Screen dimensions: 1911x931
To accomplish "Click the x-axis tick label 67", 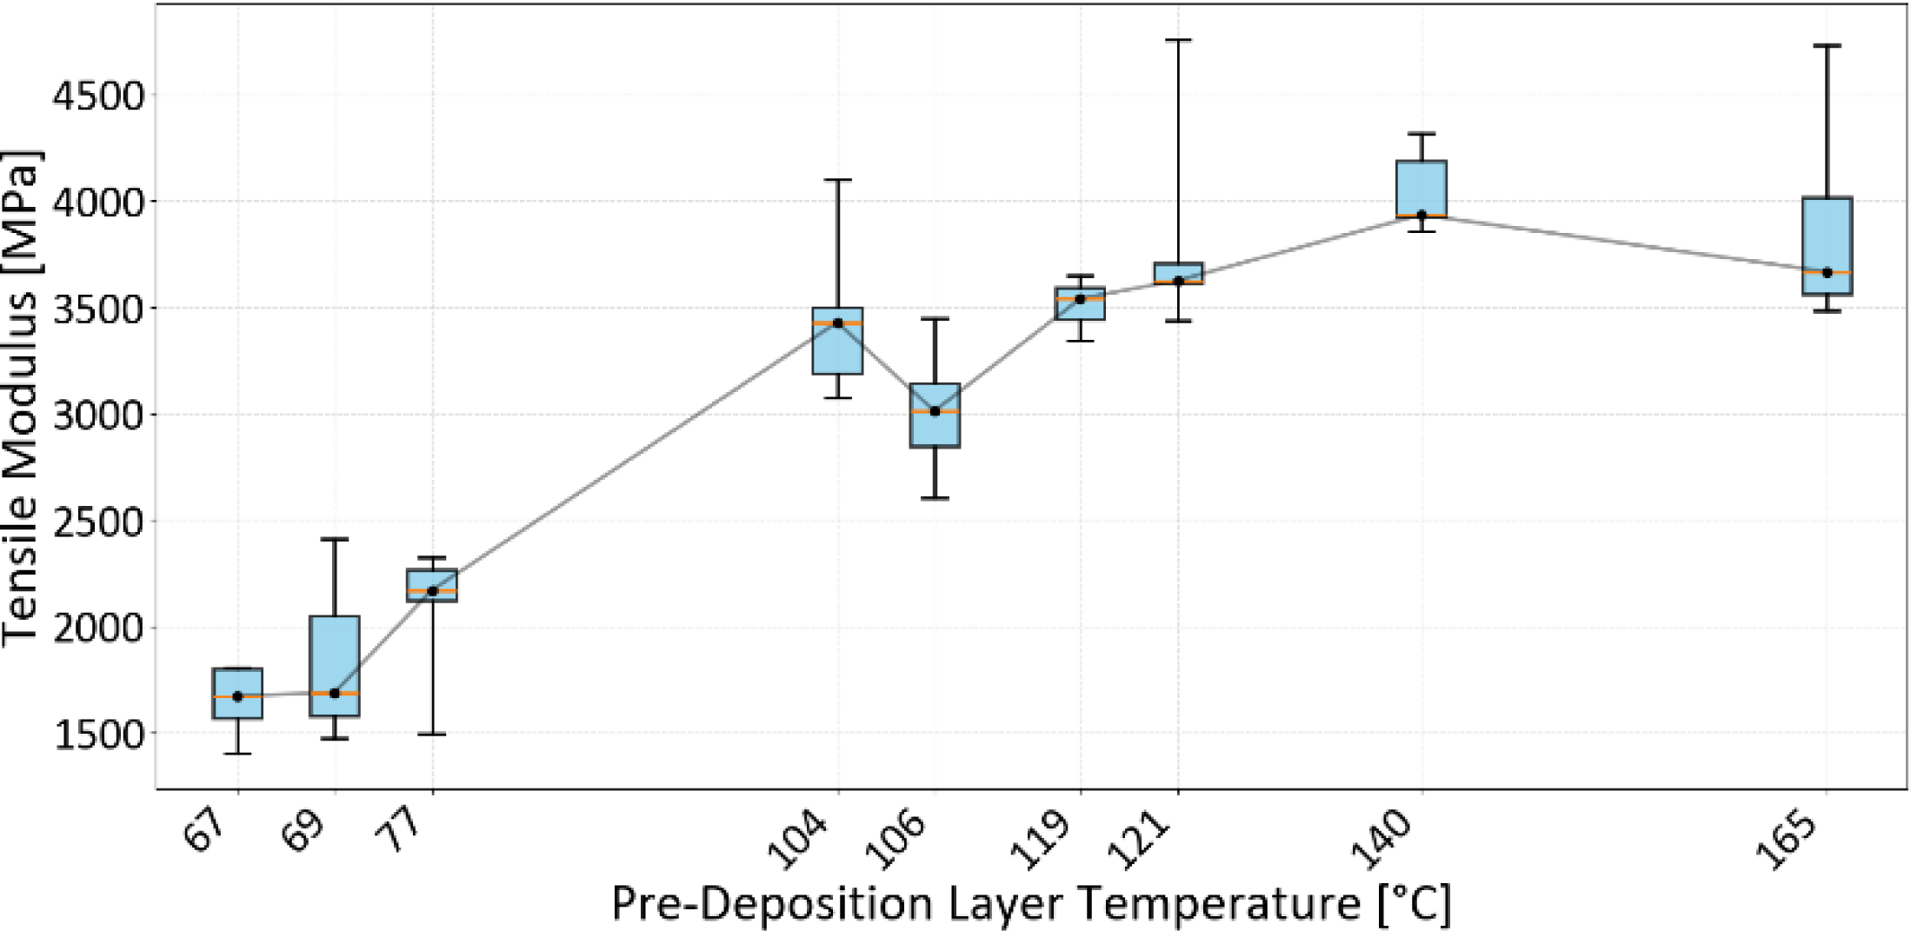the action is (x=206, y=831).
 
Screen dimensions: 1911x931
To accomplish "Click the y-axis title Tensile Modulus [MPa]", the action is (x=21, y=397).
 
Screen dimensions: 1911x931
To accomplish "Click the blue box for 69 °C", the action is (x=335, y=666).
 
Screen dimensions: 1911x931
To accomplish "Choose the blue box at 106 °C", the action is (x=935, y=416).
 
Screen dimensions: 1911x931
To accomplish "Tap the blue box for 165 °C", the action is (x=1827, y=246).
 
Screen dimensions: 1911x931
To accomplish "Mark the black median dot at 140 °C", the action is (x=1422, y=215).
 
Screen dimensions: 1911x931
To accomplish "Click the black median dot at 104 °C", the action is (x=838, y=323).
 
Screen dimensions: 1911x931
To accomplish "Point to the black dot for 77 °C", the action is (x=432, y=591).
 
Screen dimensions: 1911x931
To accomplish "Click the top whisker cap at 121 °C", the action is (x=1178, y=40).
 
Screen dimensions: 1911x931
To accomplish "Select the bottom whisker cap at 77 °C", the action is (x=432, y=735).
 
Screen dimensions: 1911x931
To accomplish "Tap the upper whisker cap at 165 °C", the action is (x=1827, y=45).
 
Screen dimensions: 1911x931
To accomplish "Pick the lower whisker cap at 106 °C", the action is (x=935, y=498).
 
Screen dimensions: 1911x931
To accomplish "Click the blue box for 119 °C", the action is (x=1081, y=303).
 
